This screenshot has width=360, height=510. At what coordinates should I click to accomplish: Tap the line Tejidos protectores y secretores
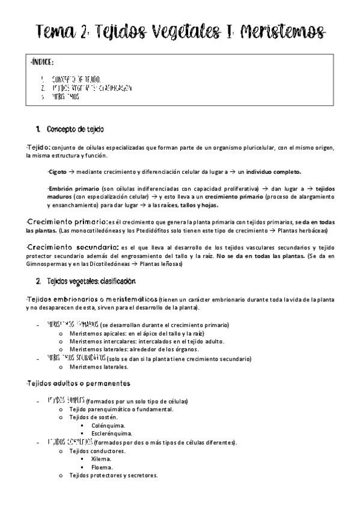[114, 475]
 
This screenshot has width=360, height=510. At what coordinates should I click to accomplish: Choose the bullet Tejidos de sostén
[94, 417]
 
